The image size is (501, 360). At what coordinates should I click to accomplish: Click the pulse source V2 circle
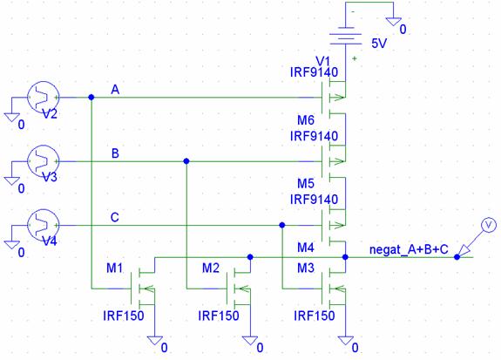click(43, 98)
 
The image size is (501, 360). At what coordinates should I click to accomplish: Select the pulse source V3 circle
click(43, 161)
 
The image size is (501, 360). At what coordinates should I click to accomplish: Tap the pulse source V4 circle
click(43, 225)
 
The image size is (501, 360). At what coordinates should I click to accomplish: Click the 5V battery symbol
click(346, 37)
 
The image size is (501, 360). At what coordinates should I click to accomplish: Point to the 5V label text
click(379, 44)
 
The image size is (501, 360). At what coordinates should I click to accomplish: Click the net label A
click(115, 90)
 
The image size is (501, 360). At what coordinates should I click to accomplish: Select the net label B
click(115, 153)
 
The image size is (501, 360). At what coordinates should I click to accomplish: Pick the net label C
click(115, 217)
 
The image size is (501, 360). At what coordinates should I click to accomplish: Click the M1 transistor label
click(114, 268)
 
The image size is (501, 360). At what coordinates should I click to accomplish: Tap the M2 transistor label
click(211, 268)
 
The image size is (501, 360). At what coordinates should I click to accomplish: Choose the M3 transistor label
click(306, 268)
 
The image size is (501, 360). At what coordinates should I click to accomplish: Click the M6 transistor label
click(306, 120)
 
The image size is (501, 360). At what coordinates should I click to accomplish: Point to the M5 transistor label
click(306, 184)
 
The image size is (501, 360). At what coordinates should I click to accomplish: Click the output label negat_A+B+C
click(409, 249)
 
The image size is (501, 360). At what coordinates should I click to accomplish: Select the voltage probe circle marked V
click(489, 225)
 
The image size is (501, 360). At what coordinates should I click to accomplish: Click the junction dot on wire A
click(91, 98)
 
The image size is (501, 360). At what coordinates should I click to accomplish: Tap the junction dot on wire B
click(186, 161)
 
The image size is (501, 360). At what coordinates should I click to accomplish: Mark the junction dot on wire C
click(281, 225)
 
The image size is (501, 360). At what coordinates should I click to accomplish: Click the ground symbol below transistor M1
click(155, 341)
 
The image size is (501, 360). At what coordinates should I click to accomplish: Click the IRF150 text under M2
click(219, 316)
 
